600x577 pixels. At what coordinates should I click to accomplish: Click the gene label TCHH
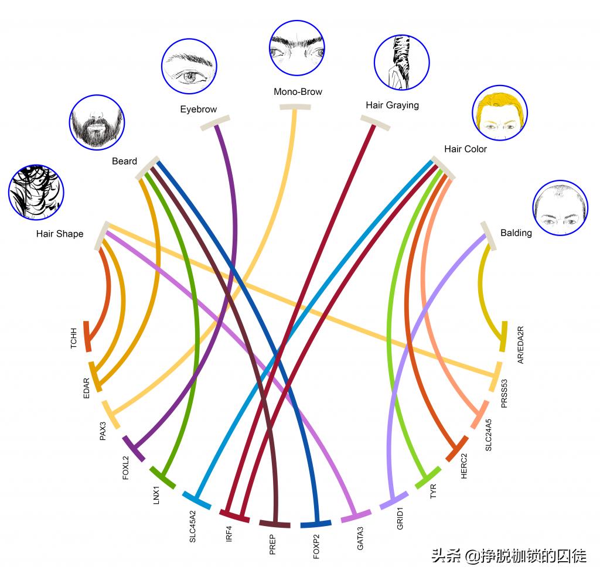pyautogui.click(x=74, y=338)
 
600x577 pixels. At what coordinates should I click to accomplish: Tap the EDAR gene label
pyautogui.click(x=87, y=388)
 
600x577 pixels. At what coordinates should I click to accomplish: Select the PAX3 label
pyautogui.click(x=103, y=431)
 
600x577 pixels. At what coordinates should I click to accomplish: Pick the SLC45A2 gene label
pyautogui.click(x=193, y=526)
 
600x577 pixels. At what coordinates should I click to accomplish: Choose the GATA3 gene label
pyautogui.click(x=360, y=538)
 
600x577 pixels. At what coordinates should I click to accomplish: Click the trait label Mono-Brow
pyautogui.click(x=298, y=91)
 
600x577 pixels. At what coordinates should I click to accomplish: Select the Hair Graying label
pyautogui.click(x=392, y=105)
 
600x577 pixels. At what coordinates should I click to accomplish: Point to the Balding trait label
pyautogui.click(x=516, y=233)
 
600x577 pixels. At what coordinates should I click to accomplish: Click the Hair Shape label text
pyautogui.click(x=60, y=234)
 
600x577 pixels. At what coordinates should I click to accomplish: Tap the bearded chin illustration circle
pyautogui.click(x=97, y=122)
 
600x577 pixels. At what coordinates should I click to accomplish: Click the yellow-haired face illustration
pyautogui.click(x=499, y=112)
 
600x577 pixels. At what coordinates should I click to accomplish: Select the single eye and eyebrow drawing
pyautogui.click(x=189, y=67)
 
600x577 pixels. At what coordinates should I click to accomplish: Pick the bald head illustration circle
pyautogui.click(x=560, y=208)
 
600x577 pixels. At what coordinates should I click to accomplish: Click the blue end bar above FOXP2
pyautogui.click(x=316, y=523)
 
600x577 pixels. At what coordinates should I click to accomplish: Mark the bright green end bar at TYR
pyautogui.click(x=428, y=477)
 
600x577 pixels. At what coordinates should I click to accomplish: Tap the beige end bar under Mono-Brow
pyautogui.click(x=295, y=107)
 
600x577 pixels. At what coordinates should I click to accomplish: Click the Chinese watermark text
pyautogui.click(x=509, y=555)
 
